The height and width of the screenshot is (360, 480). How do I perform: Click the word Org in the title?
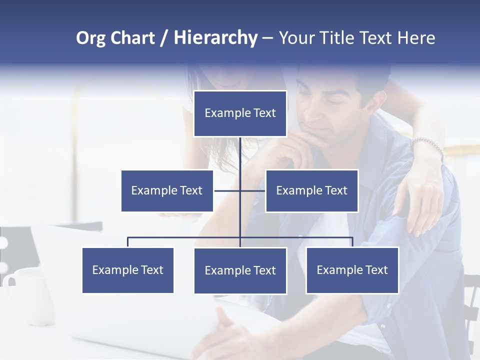[x=90, y=38]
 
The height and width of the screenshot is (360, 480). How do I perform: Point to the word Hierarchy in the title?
[x=215, y=38]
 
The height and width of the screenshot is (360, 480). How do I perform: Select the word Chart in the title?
[x=132, y=38]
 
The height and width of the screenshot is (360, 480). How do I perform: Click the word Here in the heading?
[x=416, y=38]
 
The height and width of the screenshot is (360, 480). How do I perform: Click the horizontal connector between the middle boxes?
[x=240, y=190]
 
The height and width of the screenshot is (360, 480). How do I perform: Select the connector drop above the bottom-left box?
[x=128, y=242]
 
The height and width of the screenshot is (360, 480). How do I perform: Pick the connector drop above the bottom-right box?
[x=352, y=242]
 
